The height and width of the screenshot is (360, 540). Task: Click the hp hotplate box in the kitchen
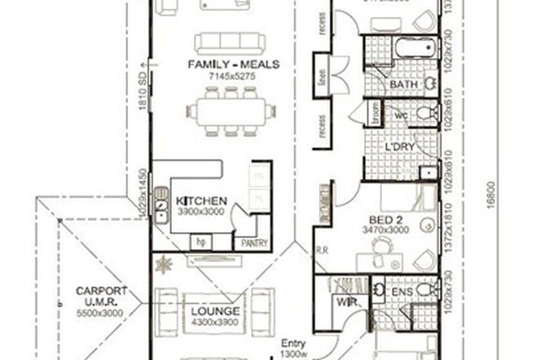[x=200, y=242]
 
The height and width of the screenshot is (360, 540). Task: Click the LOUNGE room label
[x=216, y=312]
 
